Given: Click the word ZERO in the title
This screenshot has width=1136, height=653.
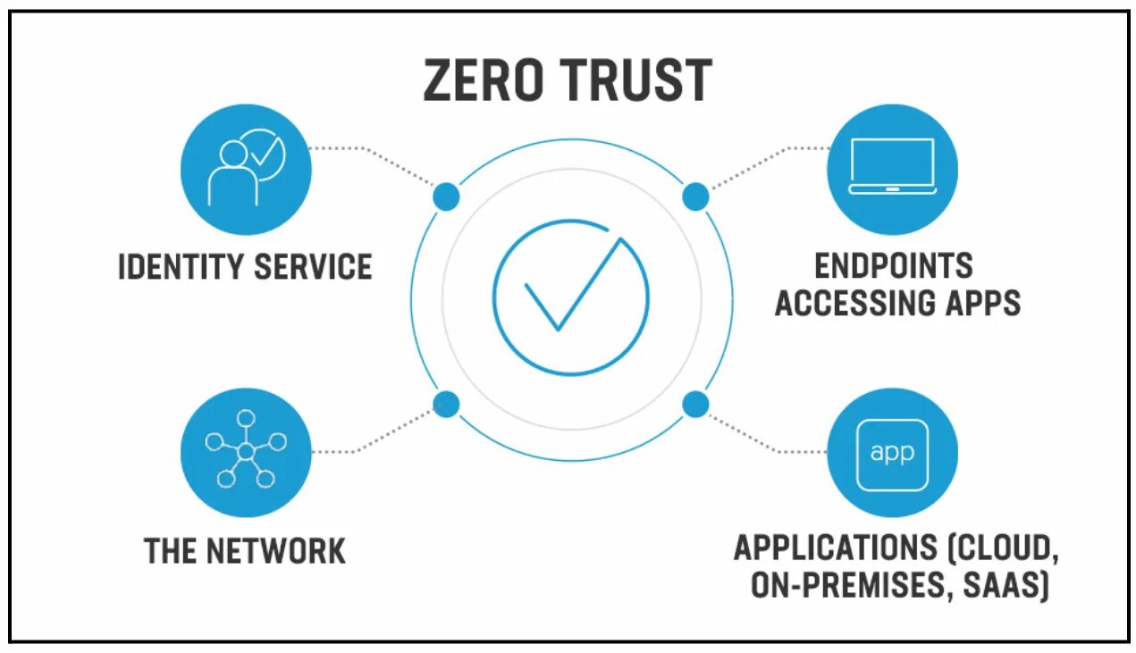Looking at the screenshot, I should pos(483,80).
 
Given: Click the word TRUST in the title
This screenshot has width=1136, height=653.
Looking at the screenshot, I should pos(638,80).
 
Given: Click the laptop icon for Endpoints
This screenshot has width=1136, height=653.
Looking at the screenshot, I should pos(891,166).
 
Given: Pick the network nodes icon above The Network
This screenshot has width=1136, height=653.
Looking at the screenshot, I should pos(246,451).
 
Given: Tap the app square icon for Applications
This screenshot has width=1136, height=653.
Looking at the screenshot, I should pos(891,454).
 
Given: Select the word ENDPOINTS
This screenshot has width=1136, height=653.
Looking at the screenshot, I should pos(894,265).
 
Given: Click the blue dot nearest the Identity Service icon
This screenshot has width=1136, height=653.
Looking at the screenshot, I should pos(446,196).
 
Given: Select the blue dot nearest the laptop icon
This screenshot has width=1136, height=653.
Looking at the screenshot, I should pos(695,197).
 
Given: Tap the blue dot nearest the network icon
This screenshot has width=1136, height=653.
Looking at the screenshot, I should pos(446,405).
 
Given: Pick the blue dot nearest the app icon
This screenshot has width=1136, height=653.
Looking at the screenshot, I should pos(695,405).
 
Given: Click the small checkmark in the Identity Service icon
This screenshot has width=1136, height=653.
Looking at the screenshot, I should pos(264,154).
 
